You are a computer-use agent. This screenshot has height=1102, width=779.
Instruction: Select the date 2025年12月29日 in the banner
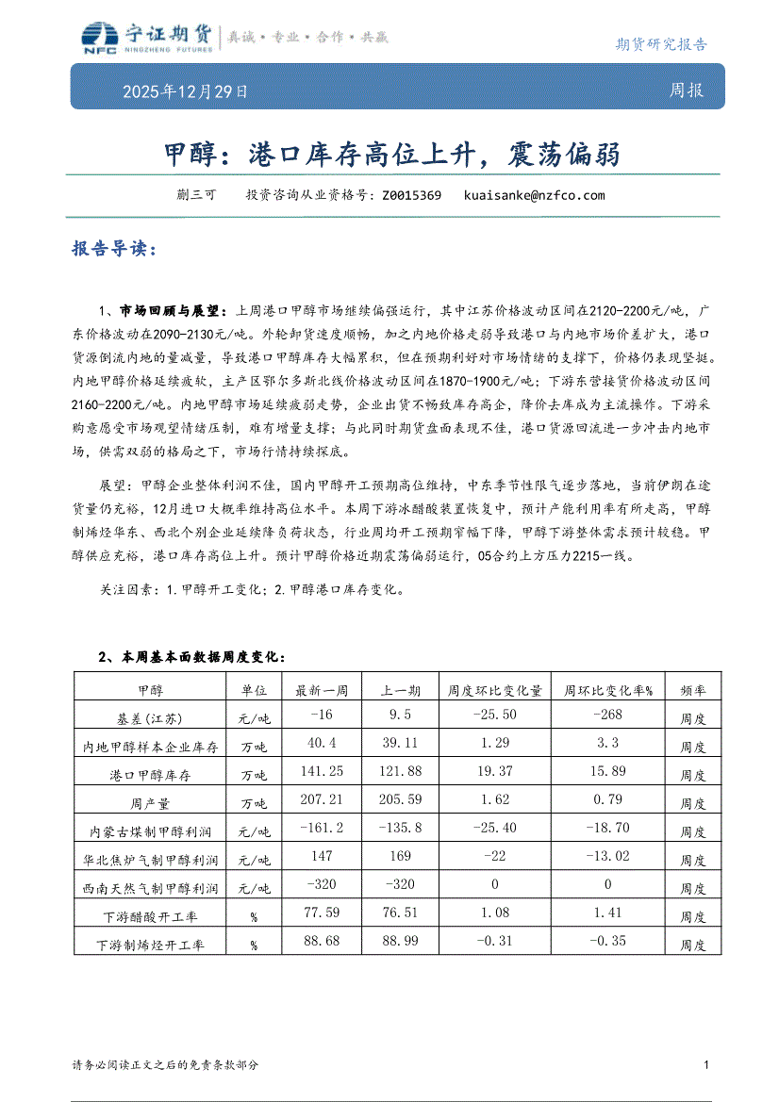(186, 92)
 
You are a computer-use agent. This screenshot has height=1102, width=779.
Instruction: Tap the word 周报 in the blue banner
(686, 91)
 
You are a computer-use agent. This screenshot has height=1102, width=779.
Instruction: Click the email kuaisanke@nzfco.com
(534, 196)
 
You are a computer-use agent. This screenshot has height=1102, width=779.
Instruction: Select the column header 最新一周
(323, 690)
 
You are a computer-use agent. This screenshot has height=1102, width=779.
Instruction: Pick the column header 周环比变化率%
(607, 690)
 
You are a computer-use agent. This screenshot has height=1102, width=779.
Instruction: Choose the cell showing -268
(607, 715)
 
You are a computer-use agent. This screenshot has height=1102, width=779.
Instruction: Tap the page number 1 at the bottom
(706, 1064)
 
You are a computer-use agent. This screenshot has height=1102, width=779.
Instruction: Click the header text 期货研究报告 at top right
(661, 44)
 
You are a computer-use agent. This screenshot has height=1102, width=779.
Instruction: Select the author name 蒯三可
(196, 196)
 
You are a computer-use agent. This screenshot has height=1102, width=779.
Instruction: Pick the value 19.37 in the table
(495, 772)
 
